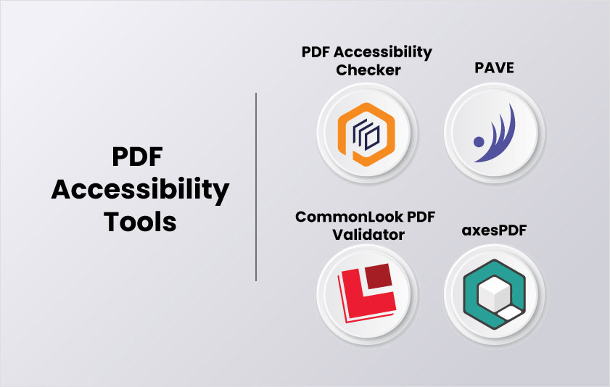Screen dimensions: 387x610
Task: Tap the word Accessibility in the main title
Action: click(x=140, y=190)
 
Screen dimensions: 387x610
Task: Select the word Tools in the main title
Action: click(x=140, y=221)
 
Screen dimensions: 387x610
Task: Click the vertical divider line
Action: click(x=257, y=186)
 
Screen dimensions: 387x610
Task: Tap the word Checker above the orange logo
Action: click(x=366, y=71)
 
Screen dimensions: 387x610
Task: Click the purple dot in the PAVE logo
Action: click(x=477, y=141)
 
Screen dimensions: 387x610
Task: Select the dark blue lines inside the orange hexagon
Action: click(x=364, y=133)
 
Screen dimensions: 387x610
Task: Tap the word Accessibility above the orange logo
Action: click(x=393, y=53)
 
